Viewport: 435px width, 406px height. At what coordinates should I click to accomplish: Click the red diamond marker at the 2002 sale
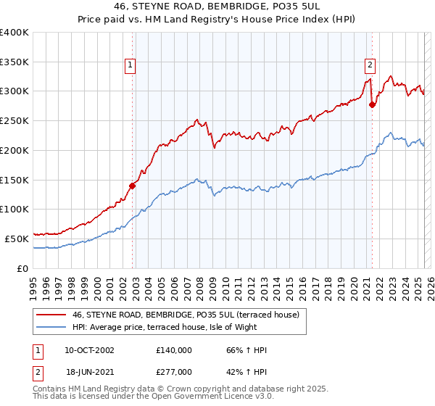click(x=133, y=185)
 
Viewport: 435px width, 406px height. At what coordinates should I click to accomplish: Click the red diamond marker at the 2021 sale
click(x=372, y=104)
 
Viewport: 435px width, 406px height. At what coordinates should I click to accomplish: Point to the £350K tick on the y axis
click(x=14, y=62)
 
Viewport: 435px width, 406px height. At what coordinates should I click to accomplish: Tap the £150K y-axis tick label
click(x=14, y=180)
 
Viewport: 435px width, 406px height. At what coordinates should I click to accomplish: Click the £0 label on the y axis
click(x=22, y=268)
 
